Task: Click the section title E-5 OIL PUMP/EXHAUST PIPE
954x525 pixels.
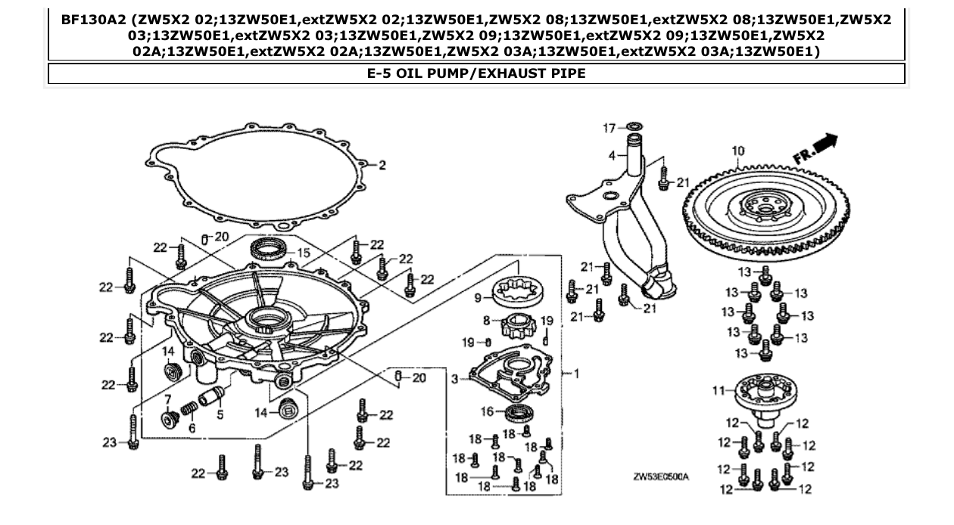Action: (x=476, y=73)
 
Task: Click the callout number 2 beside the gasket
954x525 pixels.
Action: (x=382, y=165)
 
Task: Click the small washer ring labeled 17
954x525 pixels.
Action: (x=635, y=125)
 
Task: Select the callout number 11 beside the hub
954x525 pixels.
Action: (x=719, y=390)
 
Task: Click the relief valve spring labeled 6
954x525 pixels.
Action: (x=189, y=409)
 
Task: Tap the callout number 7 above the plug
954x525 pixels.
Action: (x=169, y=398)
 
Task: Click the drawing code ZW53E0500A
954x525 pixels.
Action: (x=661, y=477)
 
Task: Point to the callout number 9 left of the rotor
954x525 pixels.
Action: (x=478, y=298)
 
